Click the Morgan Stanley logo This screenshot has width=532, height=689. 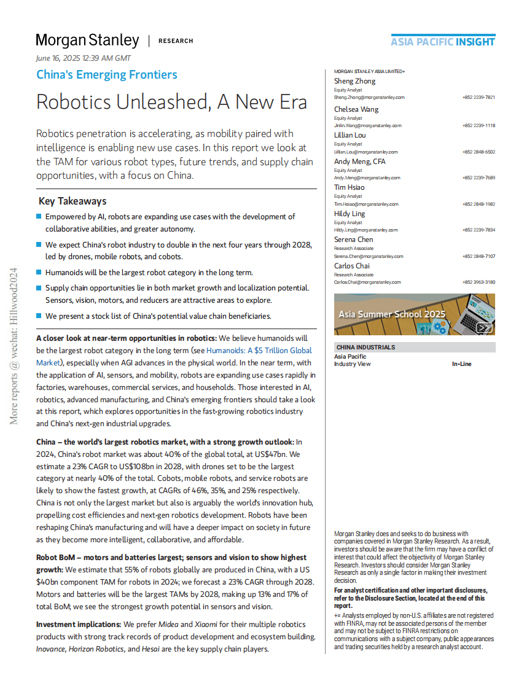pyautogui.click(x=87, y=41)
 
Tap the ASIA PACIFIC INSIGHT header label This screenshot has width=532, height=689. pyautogui.click(x=442, y=42)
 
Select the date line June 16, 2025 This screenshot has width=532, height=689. pyautogui.click(x=84, y=58)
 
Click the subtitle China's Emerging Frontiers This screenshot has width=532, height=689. pyautogui.click(x=107, y=75)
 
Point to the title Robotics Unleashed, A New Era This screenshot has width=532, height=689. pyautogui.click(x=171, y=101)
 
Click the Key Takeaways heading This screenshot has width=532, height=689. pyautogui.click(x=72, y=201)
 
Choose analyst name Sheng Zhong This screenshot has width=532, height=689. pyautogui.click(x=354, y=81)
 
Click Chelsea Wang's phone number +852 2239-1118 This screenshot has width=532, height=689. pyautogui.click(x=479, y=125)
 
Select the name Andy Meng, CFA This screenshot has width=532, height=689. pyautogui.click(x=360, y=162)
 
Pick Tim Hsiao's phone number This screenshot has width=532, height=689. pyautogui.click(x=479, y=204)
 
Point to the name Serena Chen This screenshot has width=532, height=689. pyautogui.click(x=353, y=239)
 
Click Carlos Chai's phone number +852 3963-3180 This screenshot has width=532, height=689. pyautogui.click(x=479, y=282)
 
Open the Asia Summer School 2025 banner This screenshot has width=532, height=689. pyautogui.click(x=415, y=314)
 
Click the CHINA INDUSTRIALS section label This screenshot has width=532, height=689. pyautogui.click(x=366, y=348)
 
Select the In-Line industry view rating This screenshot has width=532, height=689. pyautogui.click(x=461, y=364)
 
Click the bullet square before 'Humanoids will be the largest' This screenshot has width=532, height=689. pyautogui.click(x=39, y=272)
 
